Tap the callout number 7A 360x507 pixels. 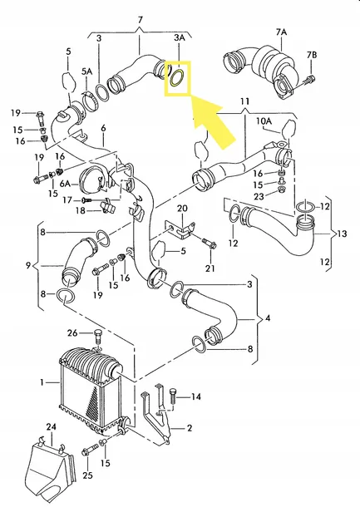point(280,32)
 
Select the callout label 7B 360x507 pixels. point(311,55)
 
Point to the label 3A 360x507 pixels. point(179,38)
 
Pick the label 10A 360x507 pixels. point(264,121)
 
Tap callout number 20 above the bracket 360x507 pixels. point(182,208)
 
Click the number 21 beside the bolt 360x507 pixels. point(210,268)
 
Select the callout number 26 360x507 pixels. point(72,334)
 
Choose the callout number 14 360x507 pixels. point(196,397)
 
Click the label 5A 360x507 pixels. point(86,72)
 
